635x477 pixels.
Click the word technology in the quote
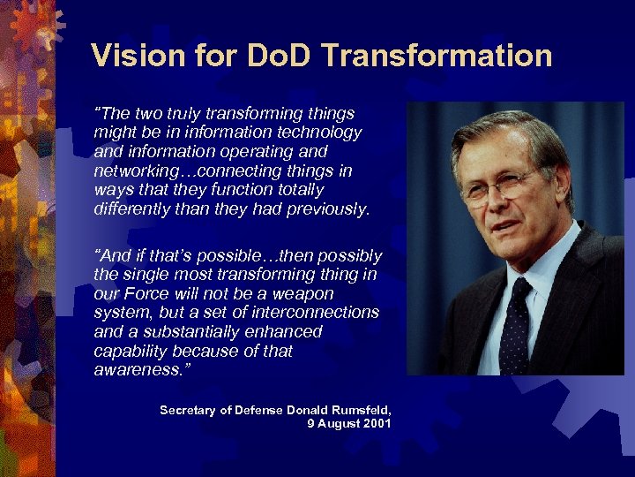tap(317, 132)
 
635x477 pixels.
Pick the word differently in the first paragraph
tap(134, 208)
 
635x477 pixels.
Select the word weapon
tap(303, 294)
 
